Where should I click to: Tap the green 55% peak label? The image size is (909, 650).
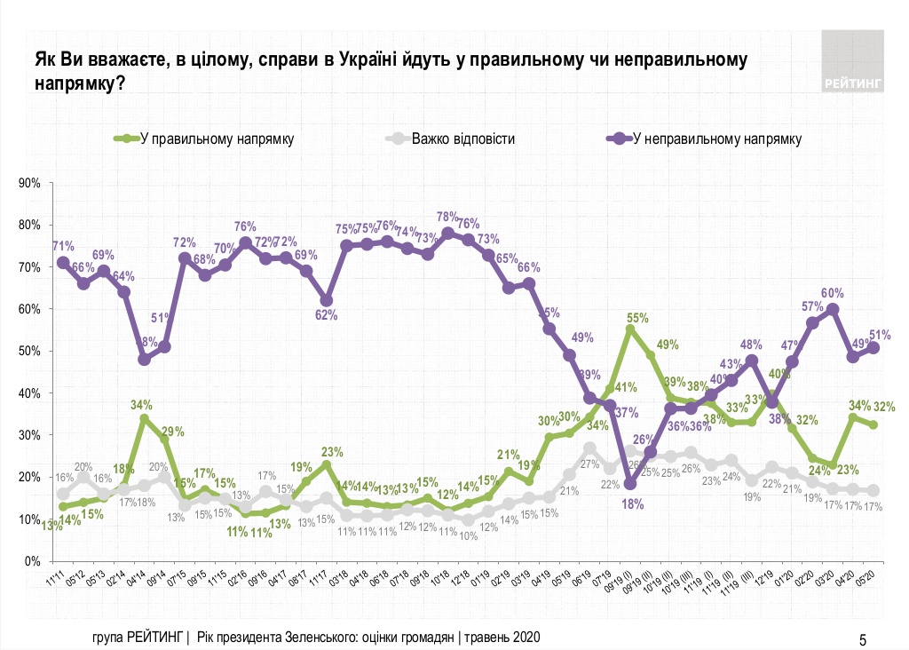[637, 316]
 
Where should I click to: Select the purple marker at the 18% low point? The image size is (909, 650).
[630, 484]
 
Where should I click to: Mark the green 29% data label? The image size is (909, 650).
[173, 432]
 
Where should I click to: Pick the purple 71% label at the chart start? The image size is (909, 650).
[62, 246]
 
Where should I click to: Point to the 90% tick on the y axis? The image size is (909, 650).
[31, 184]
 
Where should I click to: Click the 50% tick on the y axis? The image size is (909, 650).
[31, 352]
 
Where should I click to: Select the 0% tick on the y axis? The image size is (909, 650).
[35, 561]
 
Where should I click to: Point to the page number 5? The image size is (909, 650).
[863, 638]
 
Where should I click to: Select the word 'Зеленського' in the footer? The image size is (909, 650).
[322, 638]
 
